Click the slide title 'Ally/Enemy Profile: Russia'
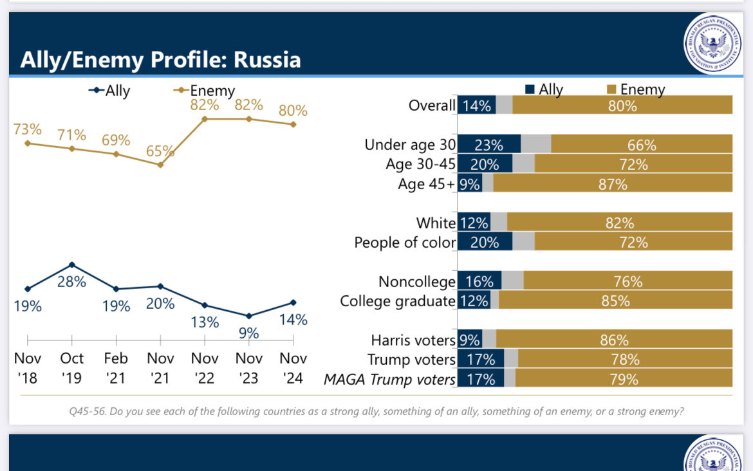point(160,60)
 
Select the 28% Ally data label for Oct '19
point(71,281)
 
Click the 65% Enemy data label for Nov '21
point(160,151)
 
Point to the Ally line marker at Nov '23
point(249,315)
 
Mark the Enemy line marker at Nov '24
point(293,124)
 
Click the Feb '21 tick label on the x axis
point(116,367)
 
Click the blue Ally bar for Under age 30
point(488,145)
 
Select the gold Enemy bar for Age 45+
point(612,184)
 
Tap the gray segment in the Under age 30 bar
point(535,145)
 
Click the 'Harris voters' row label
point(413,340)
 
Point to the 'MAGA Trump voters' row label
point(389,380)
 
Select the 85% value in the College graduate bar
point(615,300)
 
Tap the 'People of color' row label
point(405,243)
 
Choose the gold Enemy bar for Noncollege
point(627,281)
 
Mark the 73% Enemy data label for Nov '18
point(27,129)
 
